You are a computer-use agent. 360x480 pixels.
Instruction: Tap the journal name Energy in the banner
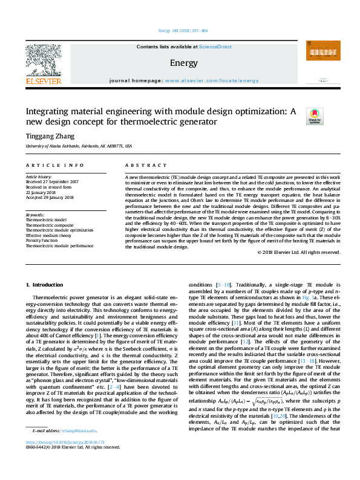[180, 63]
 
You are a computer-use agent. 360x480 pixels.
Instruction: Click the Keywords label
[35, 215]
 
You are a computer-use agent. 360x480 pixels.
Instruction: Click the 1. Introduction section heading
[46, 284]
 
